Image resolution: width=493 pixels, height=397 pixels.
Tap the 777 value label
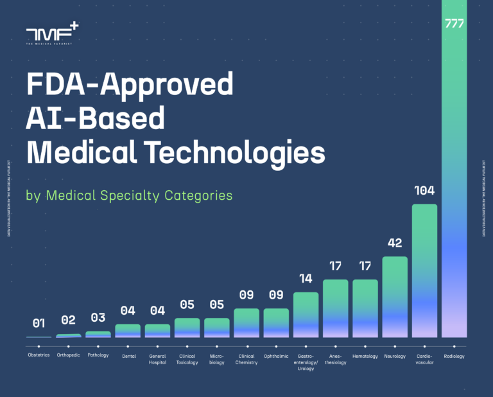[x=454, y=24]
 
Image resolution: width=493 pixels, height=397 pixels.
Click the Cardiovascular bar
[x=424, y=270]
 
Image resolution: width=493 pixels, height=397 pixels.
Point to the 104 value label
[x=424, y=191]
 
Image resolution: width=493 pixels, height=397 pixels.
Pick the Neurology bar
[x=395, y=296]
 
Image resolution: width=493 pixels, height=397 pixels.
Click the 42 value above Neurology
[x=395, y=243]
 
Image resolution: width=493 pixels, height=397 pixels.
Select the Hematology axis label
[x=365, y=356]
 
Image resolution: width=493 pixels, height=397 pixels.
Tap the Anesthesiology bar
[x=335, y=308]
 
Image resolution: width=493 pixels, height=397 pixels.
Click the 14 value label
[x=306, y=279]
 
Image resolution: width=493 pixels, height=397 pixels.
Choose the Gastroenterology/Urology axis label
[x=306, y=362]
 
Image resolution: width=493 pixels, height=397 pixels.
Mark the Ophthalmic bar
[x=276, y=322]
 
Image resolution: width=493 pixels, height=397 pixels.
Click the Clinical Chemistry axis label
[x=246, y=359]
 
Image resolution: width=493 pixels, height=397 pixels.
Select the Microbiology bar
[x=216, y=328]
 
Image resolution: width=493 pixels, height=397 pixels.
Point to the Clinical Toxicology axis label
[x=187, y=359]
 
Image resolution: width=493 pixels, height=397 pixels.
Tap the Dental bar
[x=128, y=330]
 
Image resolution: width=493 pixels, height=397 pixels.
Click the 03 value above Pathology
[x=98, y=318]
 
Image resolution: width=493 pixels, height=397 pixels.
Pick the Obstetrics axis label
[x=39, y=356]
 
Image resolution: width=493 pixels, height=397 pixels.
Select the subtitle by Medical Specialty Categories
[x=129, y=195]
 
